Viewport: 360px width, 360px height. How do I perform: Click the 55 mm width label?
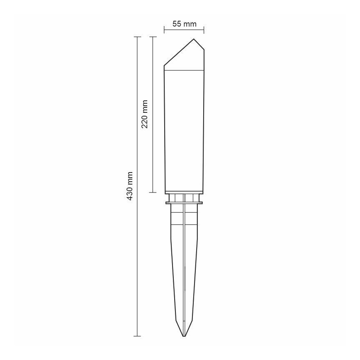click(x=184, y=24)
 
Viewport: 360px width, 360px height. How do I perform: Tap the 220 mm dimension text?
click(x=145, y=114)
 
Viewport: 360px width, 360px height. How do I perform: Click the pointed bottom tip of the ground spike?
click(x=184, y=336)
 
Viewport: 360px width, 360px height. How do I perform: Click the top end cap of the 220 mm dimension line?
click(x=153, y=37)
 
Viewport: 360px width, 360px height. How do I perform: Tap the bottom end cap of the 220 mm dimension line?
click(x=153, y=192)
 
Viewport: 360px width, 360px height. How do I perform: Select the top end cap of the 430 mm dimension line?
click(x=137, y=37)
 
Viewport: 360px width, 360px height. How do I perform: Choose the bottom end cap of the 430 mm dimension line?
click(x=137, y=336)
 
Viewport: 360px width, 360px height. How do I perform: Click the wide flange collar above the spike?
click(x=184, y=203)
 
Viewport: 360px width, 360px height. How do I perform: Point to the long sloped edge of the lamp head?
click(x=178, y=53)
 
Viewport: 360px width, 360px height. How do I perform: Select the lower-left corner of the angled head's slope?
click(x=165, y=66)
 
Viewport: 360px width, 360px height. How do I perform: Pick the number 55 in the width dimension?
click(x=177, y=24)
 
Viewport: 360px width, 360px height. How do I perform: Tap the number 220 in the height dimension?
click(x=145, y=121)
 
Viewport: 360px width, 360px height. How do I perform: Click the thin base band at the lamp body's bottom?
click(x=184, y=192)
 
